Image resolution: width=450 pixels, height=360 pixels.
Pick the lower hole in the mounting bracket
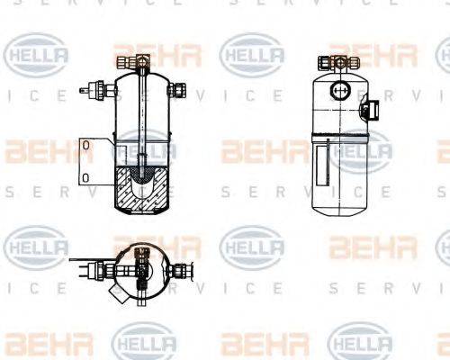(85, 176)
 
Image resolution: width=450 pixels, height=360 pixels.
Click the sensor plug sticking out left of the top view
(94, 267)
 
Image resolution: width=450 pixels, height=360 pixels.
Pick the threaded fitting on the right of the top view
(182, 267)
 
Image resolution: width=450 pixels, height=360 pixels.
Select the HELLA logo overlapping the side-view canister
(359, 150)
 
